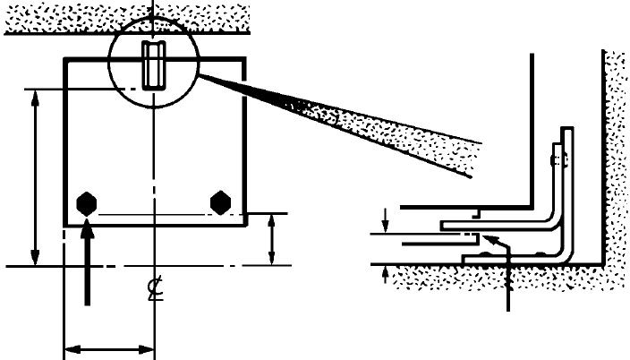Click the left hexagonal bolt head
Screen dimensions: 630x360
(87, 202)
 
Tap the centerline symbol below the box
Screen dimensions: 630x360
(155, 290)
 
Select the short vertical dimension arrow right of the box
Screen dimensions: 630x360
(272, 239)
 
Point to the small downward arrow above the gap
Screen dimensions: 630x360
(386, 218)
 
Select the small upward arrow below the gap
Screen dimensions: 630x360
(386, 272)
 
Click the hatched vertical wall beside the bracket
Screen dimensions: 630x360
(615, 161)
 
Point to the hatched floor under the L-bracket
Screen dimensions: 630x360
(501, 279)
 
